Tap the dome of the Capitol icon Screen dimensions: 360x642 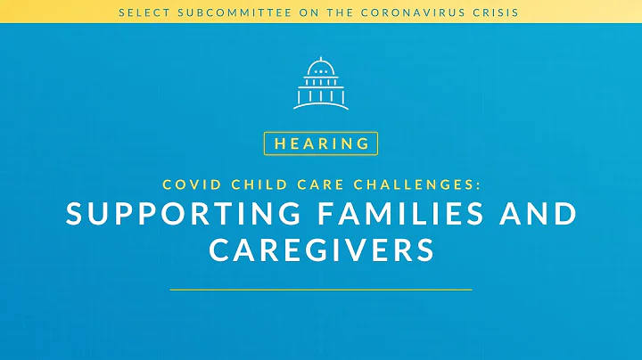[320, 67]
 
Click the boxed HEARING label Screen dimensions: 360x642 [321, 143]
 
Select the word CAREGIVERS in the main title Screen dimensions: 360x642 [321, 250]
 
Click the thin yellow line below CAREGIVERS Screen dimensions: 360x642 [321, 290]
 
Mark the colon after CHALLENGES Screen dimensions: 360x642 [478, 185]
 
